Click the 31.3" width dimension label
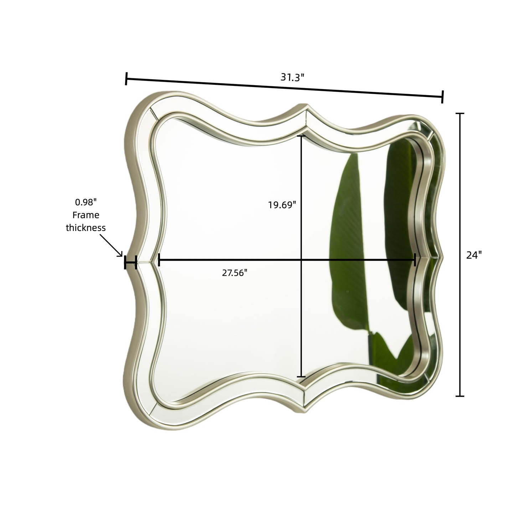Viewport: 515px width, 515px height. pos(292,77)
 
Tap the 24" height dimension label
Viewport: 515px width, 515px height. pos(474,255)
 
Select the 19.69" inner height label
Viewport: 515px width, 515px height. pos(282,205)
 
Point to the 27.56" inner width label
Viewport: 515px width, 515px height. pos(235,273)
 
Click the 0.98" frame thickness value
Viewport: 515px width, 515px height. pos(86,202)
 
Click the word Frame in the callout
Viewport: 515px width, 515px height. pos(86,215)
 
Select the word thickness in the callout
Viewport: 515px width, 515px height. pos(86,228)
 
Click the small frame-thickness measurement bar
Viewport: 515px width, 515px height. pos(130,263)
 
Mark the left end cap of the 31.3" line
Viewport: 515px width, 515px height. pos(126,79)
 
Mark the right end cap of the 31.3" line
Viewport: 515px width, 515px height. pos(442,97)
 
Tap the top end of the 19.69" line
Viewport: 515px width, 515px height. pos(302,136)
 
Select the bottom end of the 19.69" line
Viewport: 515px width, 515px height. pos(302,376)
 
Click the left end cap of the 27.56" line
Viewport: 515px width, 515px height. pos(159,260)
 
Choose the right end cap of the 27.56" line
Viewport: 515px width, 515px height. pos(415,260)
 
